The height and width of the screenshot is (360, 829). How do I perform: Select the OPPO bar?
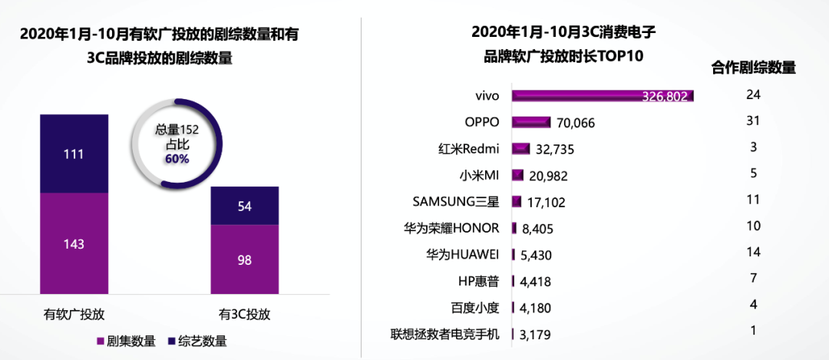tap(531, 122)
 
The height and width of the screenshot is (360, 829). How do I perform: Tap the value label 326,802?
tap(666, 97)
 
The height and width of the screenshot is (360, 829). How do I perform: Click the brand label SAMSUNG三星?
tap(456, 202)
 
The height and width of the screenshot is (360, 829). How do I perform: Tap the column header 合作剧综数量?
tap(753, 68)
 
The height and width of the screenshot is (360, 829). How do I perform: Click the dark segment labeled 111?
tap(74, 154)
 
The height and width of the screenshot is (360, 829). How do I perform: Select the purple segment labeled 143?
tap(74, 243)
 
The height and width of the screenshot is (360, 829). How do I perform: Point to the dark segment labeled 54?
tap(245, 206)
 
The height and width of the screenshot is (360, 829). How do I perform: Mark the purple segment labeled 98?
tap(245, 259)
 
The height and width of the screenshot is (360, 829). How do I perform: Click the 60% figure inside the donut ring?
tap(177, 158)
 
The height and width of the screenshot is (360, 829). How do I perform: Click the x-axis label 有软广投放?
tap(74, 314)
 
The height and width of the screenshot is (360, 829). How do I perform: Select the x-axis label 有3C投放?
tap(245, 314)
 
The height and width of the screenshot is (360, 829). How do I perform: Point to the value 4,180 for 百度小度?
tap(536, 309)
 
